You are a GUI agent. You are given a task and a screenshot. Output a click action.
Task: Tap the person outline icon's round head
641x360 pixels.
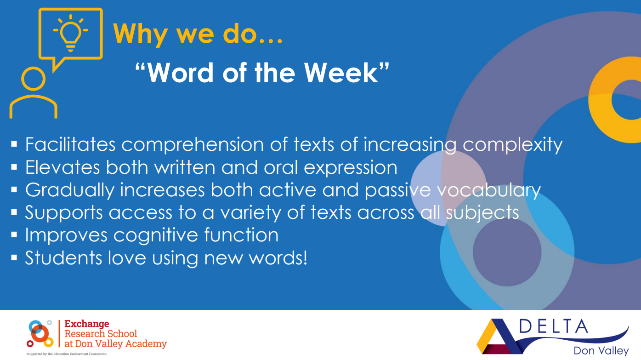[34, 79]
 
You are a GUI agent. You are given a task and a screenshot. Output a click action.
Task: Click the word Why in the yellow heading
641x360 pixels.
[139, 34]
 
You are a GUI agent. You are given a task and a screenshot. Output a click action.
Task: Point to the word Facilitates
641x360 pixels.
[70, 144]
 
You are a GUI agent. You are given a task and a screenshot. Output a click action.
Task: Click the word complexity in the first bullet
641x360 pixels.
[512, 145]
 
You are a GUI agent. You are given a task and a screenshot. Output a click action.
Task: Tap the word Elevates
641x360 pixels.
[62, 167]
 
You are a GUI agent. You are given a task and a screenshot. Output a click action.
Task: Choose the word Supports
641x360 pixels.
[64, 213]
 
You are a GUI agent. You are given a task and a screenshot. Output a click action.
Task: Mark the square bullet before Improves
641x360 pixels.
[14, 235]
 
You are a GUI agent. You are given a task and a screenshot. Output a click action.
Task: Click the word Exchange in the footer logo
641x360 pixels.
[87, 324]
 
